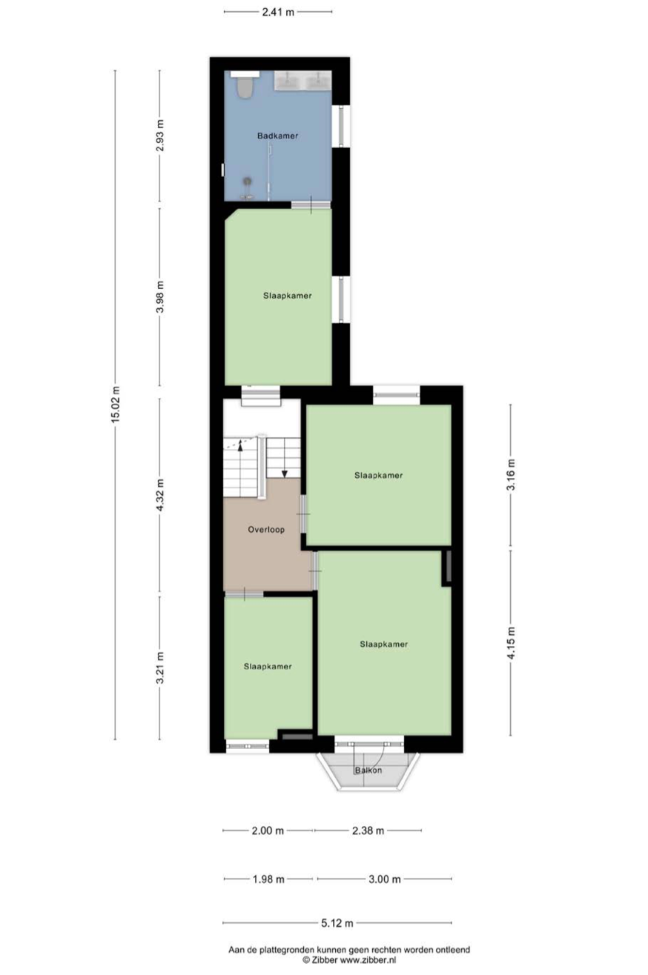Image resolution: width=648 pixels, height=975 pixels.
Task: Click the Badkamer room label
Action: pyautogui.click(x=277, y=136)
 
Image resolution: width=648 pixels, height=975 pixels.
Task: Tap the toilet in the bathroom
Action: pyautogui.click(x=245, y=87)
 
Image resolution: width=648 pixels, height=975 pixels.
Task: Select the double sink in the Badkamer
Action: pyautogui.click(x=302, y=81)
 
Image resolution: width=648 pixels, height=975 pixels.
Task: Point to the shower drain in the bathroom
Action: pyautogui.click(x=248, y=181)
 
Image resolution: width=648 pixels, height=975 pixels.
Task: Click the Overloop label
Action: pyautogui.click(x=266, y=530)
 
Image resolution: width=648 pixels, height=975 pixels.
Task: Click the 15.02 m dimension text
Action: pyautogui.click(x=116, y=405)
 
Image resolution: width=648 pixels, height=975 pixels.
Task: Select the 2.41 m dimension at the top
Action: pyautogui.click(x=278, y=12)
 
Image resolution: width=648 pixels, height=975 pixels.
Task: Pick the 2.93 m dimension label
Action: pyautogui.click(x=160, y=136)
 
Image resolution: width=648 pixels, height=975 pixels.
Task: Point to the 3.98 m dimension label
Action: pyautogui.click(x=160, y=296)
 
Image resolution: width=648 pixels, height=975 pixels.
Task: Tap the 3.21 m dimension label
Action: pyautogui.click(x=160, y=668)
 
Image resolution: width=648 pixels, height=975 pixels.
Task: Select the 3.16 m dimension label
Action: pyautogui.click(x=511, y=475)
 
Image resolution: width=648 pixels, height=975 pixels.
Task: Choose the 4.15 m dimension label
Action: pyautogui.click(x=511, y=643)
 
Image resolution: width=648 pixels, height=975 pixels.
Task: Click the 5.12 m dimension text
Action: pyautogui.click(x=337, y=923)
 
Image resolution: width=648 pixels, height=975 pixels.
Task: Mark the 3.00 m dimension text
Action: pyautogui.click(x=385, y=879)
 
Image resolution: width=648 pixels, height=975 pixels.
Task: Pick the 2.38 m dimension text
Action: pyautogui.click(x=368, y=831)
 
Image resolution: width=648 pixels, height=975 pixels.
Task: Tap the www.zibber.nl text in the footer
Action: pyautogui.click(x=368, y=959)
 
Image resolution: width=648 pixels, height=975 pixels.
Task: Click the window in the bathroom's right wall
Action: pyautogui.click(x=341, y=126)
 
